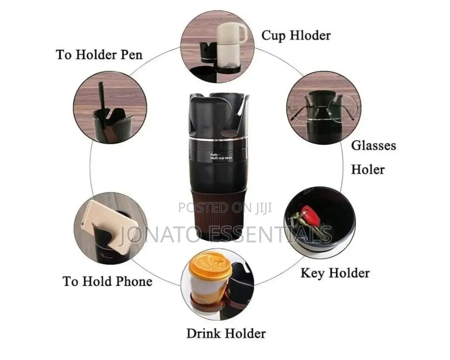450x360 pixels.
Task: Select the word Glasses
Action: coord(373,145)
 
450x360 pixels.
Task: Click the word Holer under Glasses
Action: coord(368,170)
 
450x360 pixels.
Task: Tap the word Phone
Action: coord(134,281)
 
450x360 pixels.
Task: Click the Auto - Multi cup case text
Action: coord(221,157)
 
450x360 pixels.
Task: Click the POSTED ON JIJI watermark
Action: coord(225,207)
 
